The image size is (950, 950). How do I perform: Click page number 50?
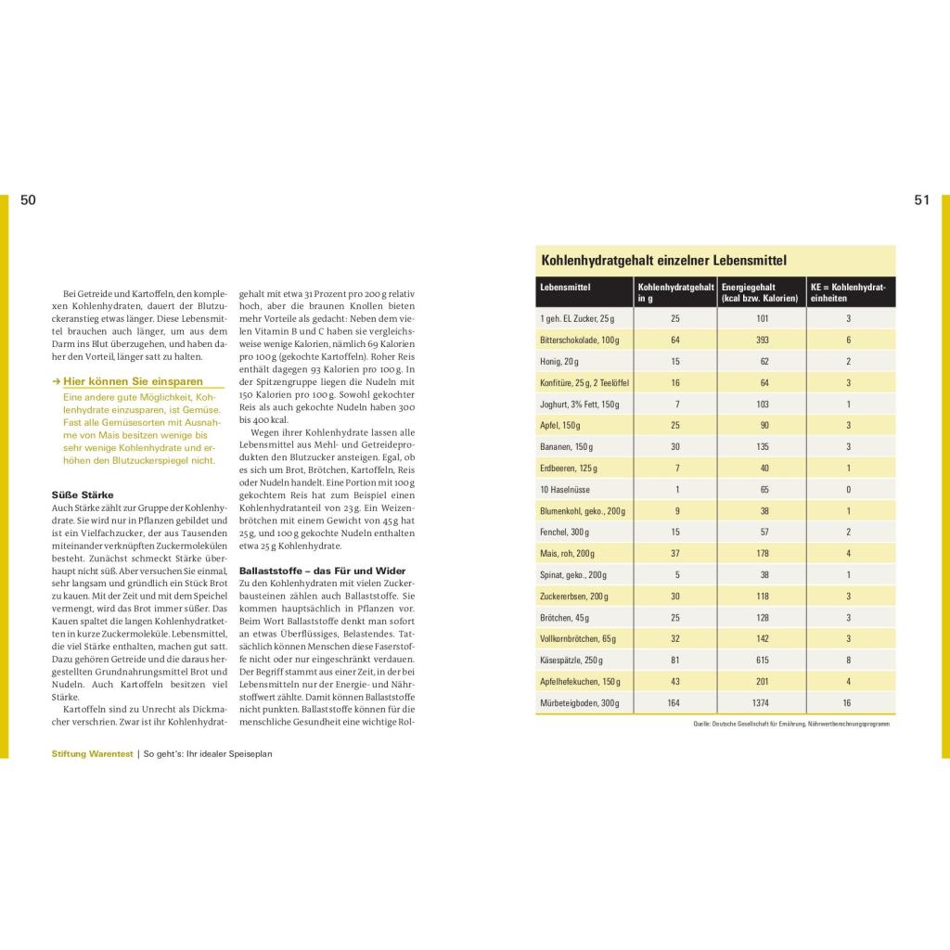[x=28, y=200]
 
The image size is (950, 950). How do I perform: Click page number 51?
[x=921, y=200]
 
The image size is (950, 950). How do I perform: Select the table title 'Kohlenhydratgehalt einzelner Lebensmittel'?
[x=663, y=262]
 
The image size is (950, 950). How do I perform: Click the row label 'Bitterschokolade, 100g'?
[x=580, y=340]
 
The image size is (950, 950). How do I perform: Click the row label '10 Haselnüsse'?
[x=566, y=489]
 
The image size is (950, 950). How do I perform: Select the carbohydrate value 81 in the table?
[x=674, y=660]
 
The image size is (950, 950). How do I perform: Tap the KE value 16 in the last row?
[x=848, y=702]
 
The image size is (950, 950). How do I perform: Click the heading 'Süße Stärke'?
[x=83, y=495]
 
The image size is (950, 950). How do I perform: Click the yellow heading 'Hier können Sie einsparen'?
[x=133, y=381]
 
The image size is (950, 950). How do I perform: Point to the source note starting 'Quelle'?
[x=790, y=724]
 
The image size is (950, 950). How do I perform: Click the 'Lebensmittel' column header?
[x=565, y=288]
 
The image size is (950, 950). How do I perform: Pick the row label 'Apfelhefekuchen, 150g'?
[x=580, y=681]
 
